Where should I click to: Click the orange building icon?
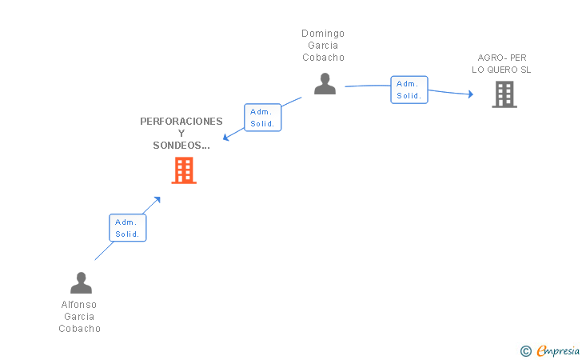click(184, 170)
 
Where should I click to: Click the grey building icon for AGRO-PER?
click(504, 94)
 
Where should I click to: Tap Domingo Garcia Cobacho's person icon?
click(325, 84)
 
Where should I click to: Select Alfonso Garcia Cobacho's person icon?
click(81, 283)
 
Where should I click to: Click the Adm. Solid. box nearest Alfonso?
click(127, 228)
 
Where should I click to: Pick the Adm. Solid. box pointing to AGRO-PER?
click(409, 90)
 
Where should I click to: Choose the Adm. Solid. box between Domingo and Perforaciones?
click(262, 118)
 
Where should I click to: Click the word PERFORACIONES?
click(181, 122)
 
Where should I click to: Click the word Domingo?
click(323, 34)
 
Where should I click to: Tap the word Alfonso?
click(79, 305)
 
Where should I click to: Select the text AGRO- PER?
click(502, 58)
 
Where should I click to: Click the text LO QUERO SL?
click(501, 70)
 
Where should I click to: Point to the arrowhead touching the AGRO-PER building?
click(470, 95)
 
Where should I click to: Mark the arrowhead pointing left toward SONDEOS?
click(226, 138)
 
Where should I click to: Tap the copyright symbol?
click(525, 350)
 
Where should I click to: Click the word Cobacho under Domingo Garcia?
click(323, 58)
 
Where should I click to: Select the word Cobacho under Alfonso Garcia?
click(79, 329)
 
